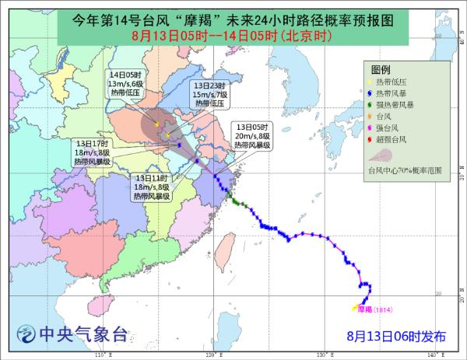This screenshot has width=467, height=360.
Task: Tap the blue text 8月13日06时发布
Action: click(x=397, y=336)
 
